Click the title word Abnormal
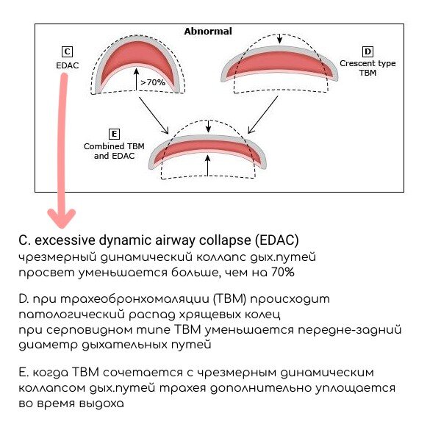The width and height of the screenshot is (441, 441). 207,32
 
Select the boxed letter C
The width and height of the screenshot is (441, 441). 67,51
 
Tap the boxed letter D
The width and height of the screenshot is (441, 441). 367,51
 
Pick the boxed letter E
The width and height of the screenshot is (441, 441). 114,134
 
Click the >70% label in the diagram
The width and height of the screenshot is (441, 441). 153,83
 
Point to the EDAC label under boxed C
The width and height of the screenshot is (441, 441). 67,65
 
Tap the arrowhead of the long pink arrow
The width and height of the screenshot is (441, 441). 61,217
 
